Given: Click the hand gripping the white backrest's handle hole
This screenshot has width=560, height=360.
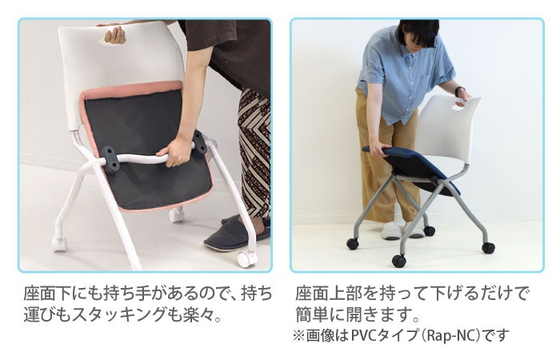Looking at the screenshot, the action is [115, 35].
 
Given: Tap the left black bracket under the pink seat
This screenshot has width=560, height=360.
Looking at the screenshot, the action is [110, 160].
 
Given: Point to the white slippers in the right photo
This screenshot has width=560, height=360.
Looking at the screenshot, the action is [402, 230].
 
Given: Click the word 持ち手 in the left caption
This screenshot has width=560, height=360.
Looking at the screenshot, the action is [126, 294].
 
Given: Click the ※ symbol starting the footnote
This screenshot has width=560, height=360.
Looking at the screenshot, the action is [298, 336].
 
